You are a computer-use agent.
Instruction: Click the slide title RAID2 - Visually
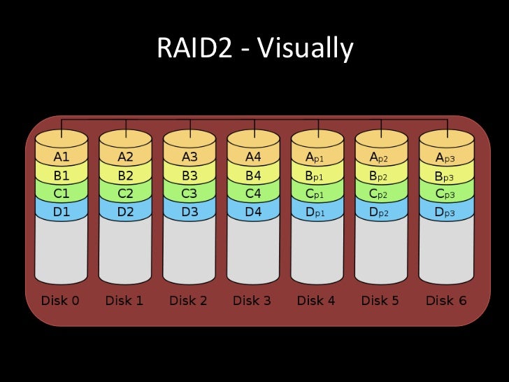(x=254, y=48)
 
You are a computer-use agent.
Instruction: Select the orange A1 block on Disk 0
(x=62, y=157)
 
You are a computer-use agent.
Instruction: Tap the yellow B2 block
(x=126, y=176)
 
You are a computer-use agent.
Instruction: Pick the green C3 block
(x=189, y=193)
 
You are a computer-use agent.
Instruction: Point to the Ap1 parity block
(x=317, y=157)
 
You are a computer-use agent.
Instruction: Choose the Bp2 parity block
(x=381, y=176)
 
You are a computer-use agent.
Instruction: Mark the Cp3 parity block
(x=445, y=193)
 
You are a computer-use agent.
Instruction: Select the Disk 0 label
(x=62, y=301)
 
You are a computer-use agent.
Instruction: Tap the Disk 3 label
(x=253, y=301)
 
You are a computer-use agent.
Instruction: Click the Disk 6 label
(x=445, y=301)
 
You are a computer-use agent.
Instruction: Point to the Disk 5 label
(x=381, y=301)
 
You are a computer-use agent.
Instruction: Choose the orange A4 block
(x=253, y=157)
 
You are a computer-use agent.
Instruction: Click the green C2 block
(x=126, y=193)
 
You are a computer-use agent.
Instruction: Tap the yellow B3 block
(x=189, y=176)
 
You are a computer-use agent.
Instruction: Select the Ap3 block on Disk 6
(x=445, y=157)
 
